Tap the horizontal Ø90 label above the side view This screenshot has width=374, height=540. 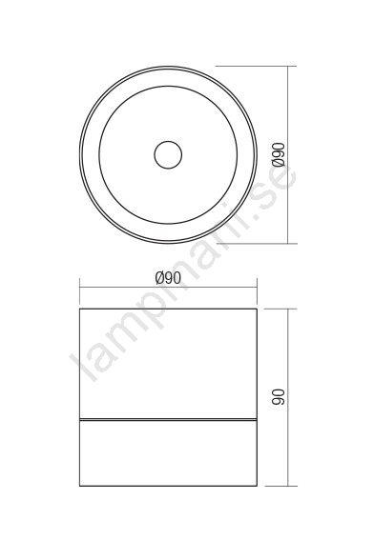pos(168,278)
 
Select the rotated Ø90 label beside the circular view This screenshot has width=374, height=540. pos(279,154)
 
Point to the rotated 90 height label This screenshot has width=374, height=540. pos(279,397)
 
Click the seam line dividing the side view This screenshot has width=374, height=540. pos(168,420)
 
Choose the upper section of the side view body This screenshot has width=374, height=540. pos(168,364)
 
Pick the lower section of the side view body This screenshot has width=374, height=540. pos(168,453)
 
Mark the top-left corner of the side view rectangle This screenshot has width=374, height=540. pos(80,309)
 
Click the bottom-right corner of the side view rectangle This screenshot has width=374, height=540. pos(257,486)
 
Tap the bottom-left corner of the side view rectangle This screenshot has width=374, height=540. pos(80,486)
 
